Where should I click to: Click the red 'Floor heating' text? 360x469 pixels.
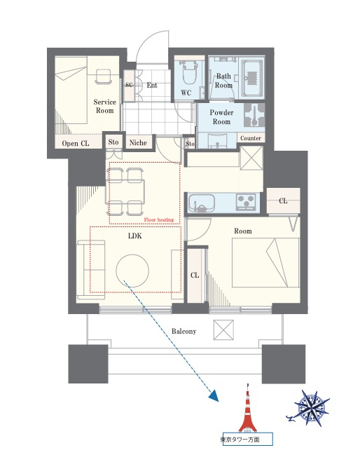tap(159, 220)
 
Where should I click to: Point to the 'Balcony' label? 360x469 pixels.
tap(184, 331)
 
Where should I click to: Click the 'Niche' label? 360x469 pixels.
tap(138, 143)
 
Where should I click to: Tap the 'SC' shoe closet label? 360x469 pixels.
tap(129, 85)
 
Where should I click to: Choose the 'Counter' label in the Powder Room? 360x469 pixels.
tap(251, 138)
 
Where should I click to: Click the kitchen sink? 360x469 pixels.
tap(202, 203)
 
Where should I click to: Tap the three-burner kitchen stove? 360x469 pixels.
tap(246, 202)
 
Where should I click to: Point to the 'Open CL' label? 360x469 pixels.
tap(76, 143)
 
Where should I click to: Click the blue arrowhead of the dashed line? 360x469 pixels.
tap(214, 395)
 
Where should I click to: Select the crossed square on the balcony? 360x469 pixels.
tap(223, 330)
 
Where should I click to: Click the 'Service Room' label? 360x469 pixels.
tap(104, 106)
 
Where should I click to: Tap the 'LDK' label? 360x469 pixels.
tap(134, 236)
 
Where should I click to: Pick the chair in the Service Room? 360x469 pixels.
tap(104, 76)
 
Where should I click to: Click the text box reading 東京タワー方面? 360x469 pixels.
tap(248, 440)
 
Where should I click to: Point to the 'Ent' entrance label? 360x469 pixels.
tap(152, 86)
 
